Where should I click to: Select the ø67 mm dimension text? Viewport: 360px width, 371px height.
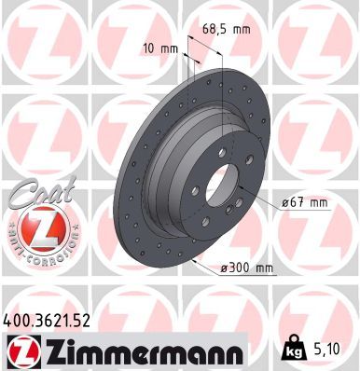[305, 202]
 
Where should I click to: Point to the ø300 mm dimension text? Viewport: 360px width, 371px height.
[248, 268]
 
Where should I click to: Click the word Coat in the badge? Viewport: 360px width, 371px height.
[35, 196]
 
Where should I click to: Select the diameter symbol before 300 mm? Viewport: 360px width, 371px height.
[224, 268]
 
